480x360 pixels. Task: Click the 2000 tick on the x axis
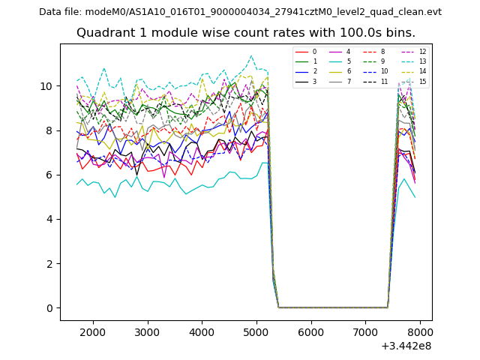tap(93, 331)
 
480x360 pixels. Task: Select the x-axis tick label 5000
tap(256, 331)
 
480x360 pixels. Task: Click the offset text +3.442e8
tap(406, 346)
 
